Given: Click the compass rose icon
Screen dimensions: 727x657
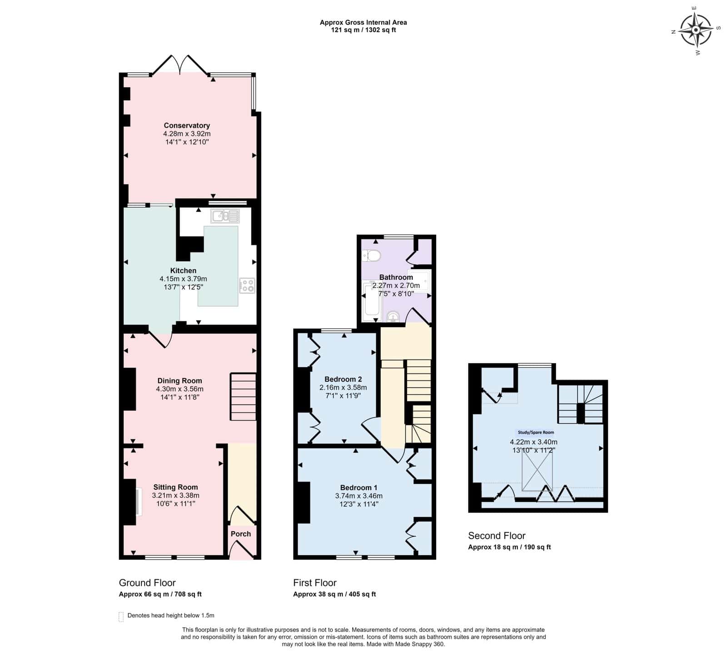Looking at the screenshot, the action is pos(696,30).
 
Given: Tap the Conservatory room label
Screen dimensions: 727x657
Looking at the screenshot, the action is pos(187,125).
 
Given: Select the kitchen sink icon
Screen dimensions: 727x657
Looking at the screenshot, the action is pos(225,216).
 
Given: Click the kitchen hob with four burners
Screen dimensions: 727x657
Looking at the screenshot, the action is pos(248,286).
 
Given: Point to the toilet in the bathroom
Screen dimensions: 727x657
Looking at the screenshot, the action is pos(372,256).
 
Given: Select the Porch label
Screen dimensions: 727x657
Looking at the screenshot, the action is pos(241,534).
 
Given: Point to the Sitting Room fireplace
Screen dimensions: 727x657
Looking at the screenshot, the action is pos(138,502).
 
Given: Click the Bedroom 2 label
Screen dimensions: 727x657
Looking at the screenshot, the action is pos(343,379).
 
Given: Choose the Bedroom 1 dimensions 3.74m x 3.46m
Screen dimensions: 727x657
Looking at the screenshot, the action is pos(359,496).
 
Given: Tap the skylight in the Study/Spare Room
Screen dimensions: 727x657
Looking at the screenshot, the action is pos(537,472).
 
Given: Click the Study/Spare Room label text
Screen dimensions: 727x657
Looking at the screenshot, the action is pos(536,433).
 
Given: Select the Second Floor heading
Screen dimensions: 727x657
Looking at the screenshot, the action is pos(497,536).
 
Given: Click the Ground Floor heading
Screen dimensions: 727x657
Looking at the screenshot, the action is pos(147,583).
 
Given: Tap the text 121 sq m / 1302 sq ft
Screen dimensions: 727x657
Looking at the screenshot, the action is pos(363,30).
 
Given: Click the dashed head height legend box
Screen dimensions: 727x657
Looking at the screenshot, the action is pos(121,617).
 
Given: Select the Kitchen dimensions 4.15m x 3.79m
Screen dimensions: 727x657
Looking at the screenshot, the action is pos(183,279).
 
